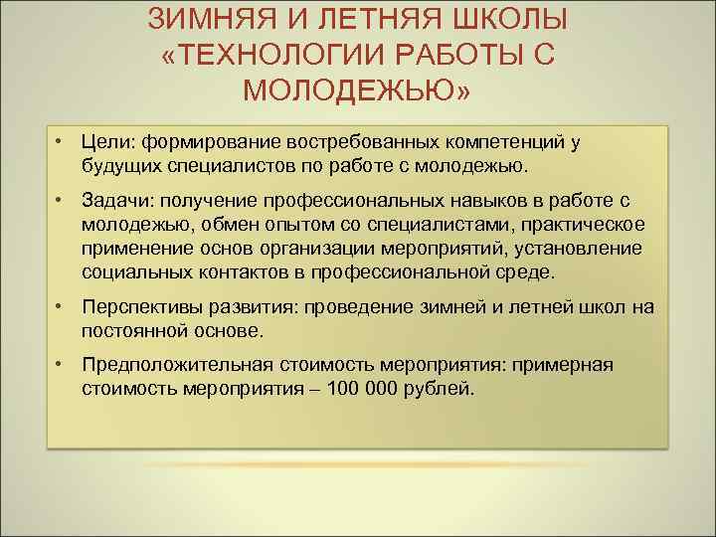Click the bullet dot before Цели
pyautogui.click(x=61, y=141)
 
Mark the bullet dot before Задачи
pyautogui.click(x=61, y=200)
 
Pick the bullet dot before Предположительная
pyautogui.click(x=61, y=365)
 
